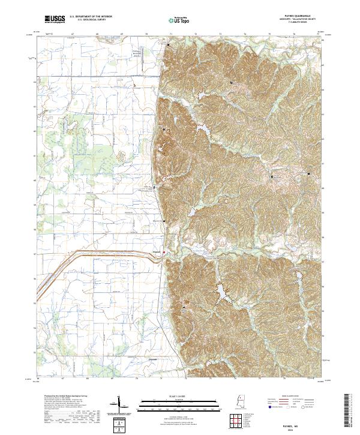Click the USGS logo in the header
[x=55, y=20]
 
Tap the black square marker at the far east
[x=309, y=173]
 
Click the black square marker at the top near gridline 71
[x=169, y=45]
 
